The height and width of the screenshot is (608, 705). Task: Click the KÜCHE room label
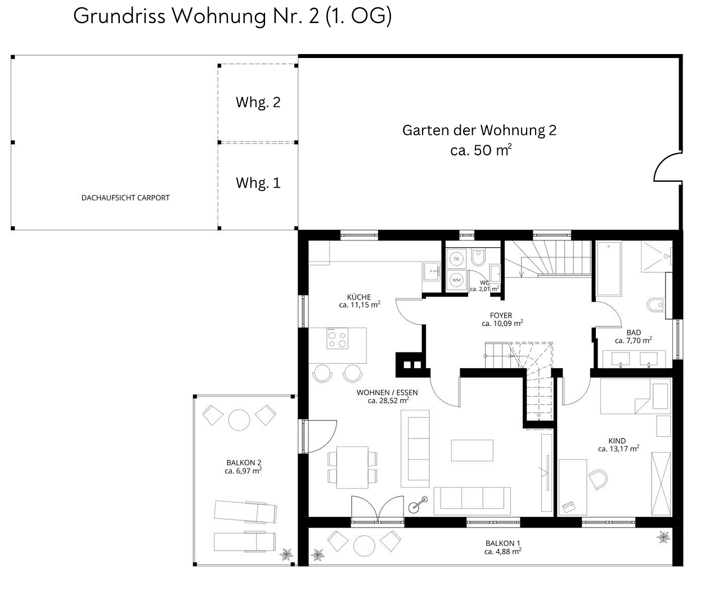[x=359, y=297]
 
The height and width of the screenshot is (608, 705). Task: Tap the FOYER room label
[x=501, y=315]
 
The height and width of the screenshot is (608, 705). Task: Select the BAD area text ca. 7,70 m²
[x=633, y=341]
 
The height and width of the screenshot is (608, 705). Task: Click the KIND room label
[x=617, y=441]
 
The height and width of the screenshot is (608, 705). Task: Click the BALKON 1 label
[x=502, y=543]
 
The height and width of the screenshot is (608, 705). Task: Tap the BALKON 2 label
[x=243, y=463]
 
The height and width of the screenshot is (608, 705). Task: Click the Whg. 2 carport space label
[x=258, y=102]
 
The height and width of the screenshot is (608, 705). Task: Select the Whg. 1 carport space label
[x=258, y=183]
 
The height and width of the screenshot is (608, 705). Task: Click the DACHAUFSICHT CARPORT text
[x=125, y=198]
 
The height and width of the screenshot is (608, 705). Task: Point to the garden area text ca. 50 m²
[x=481, y=151]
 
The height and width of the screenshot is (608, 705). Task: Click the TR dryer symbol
[x=456, y=259]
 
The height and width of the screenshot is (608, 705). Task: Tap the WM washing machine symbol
[x=456, y=280]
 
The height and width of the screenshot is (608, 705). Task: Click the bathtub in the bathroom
[x=608, y=269]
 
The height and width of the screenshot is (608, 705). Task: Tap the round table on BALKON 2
[x=239, y=419]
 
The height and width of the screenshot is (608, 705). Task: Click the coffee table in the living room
[x=472, y=451]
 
